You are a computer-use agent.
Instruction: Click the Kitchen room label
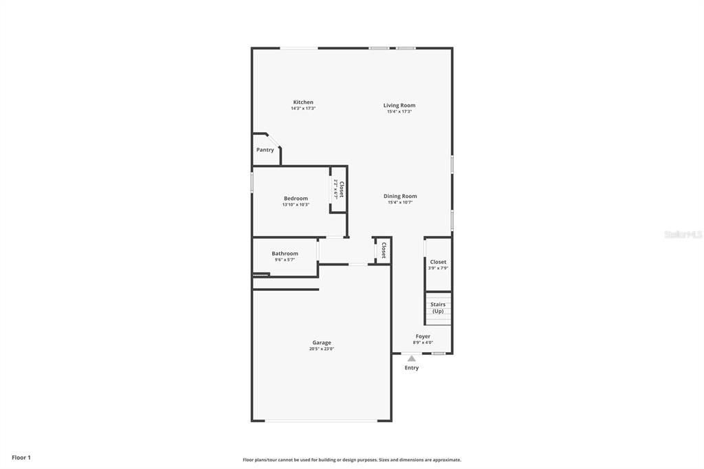(303, 102)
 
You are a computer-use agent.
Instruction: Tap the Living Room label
(399, 105)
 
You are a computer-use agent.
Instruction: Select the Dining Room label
(400, 196)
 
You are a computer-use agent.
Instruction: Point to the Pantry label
(265, 150)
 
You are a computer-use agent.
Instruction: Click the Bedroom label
(296, 198)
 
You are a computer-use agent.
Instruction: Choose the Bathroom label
(285, 254)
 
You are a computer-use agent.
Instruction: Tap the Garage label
(322, 342)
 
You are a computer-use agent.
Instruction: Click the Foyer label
(423, 336)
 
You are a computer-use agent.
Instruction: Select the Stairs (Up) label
(438, 307)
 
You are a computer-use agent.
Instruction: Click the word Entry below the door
(411, 368)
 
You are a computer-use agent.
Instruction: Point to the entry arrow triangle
(411, 358)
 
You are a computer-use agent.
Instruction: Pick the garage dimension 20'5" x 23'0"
(322, 349)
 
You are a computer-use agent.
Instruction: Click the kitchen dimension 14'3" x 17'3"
(303, 109)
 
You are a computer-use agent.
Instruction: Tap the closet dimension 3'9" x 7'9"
(438, 268)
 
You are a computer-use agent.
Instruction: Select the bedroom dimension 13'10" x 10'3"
(296, 204)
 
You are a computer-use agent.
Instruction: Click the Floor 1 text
(21, 457)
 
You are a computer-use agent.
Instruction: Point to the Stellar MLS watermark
(683, 235)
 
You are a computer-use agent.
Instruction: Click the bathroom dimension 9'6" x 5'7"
(285, 260)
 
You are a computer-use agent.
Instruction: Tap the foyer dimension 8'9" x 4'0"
(423, 342)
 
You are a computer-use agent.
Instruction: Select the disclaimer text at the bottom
(352, 460)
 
